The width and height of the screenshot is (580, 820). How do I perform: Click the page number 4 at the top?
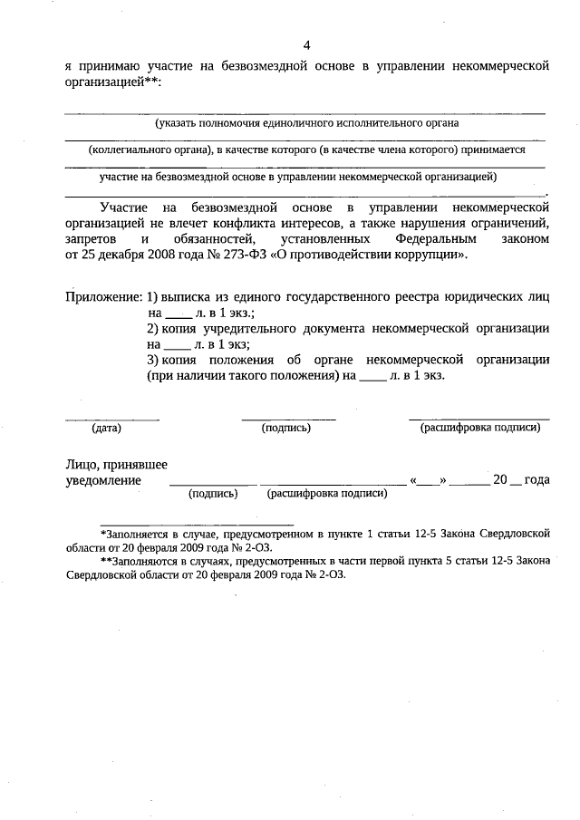point(307,45)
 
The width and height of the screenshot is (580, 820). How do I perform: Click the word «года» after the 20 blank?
point(536,480)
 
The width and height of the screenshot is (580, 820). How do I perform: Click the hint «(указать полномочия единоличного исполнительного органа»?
point(305,122)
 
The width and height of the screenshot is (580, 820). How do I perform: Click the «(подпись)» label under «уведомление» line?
point(213,494)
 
